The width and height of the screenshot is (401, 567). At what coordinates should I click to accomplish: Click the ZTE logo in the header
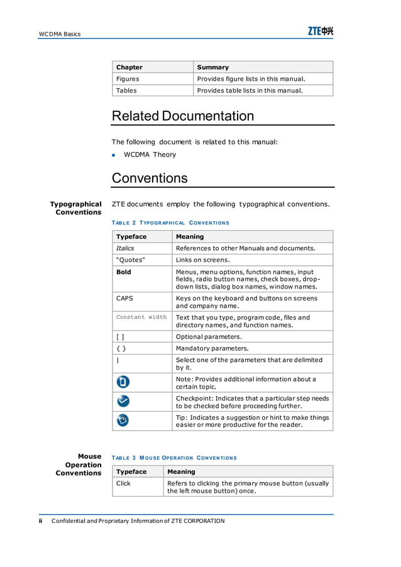click(320, 31)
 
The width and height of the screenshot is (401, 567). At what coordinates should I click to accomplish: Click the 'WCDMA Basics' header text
click(60, 34)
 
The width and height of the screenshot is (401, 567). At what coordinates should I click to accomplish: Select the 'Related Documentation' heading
click(182, 116)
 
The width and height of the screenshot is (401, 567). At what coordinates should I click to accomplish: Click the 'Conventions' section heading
click(150, 178)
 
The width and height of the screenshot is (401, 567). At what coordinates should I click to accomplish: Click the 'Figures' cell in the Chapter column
click(128, 79)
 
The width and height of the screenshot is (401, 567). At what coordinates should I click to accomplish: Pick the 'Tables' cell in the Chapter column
click(126, 91)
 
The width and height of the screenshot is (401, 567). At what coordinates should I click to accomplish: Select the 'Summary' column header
click(213, 67)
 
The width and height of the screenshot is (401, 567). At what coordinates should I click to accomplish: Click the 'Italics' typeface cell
click(125, 248)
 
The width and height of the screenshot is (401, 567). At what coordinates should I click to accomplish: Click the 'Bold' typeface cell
click(124, 272)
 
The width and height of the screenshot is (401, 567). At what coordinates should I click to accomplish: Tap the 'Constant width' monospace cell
click(141, 317)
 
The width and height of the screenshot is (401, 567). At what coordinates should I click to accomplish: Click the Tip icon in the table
click(123, 421)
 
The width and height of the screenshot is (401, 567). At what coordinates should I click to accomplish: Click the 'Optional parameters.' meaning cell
click(209, 337)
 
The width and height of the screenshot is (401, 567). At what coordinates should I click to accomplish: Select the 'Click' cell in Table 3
click(124, 483)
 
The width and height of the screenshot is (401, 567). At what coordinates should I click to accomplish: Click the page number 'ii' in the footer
click(41, 520)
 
